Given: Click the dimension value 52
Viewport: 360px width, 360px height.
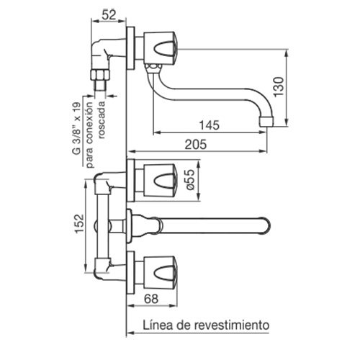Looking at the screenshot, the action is click(x=109, y=14).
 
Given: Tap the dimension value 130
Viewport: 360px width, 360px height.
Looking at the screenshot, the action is click(x=279, y=86).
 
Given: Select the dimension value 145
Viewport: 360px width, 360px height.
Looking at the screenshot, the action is click(x=210, y=125).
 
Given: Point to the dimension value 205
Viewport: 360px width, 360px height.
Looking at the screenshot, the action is click(x=196, y=145).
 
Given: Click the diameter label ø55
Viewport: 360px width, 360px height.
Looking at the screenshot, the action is click(x=190, y=180).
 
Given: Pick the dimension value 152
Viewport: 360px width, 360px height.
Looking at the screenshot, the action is click(x=79, y=223).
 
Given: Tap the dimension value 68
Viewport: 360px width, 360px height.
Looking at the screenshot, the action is click(x=151, y=299).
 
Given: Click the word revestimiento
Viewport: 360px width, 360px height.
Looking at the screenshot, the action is click(x=231, y=325).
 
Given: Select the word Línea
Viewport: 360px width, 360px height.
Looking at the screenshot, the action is click(x=158, y=325).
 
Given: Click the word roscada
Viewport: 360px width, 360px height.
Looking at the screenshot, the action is click(x=102, y=120).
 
